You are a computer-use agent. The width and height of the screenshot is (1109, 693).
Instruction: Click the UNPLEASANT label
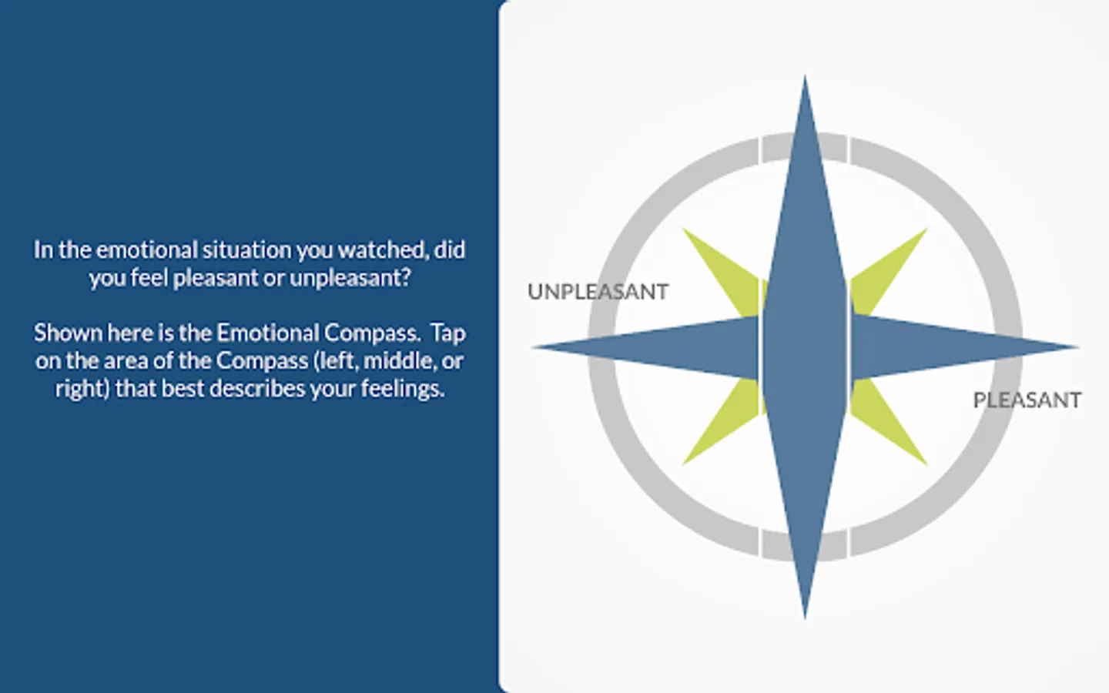pos(598,292)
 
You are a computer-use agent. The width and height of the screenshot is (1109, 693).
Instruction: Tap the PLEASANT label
pos(1027,400)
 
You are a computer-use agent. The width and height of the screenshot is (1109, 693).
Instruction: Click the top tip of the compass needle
pos(805,77)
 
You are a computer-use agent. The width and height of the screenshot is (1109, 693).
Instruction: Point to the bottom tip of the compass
pos(805,618)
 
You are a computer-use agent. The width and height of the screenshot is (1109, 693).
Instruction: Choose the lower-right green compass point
pos(886,420)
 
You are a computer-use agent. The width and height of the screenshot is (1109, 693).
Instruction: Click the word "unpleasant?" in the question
pos(350,279)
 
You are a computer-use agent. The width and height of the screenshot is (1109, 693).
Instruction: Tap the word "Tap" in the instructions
pos(448,333)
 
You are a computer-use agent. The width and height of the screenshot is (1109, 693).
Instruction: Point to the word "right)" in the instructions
pos(82,390)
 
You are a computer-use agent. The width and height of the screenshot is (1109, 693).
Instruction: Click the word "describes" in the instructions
pos(257,389)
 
